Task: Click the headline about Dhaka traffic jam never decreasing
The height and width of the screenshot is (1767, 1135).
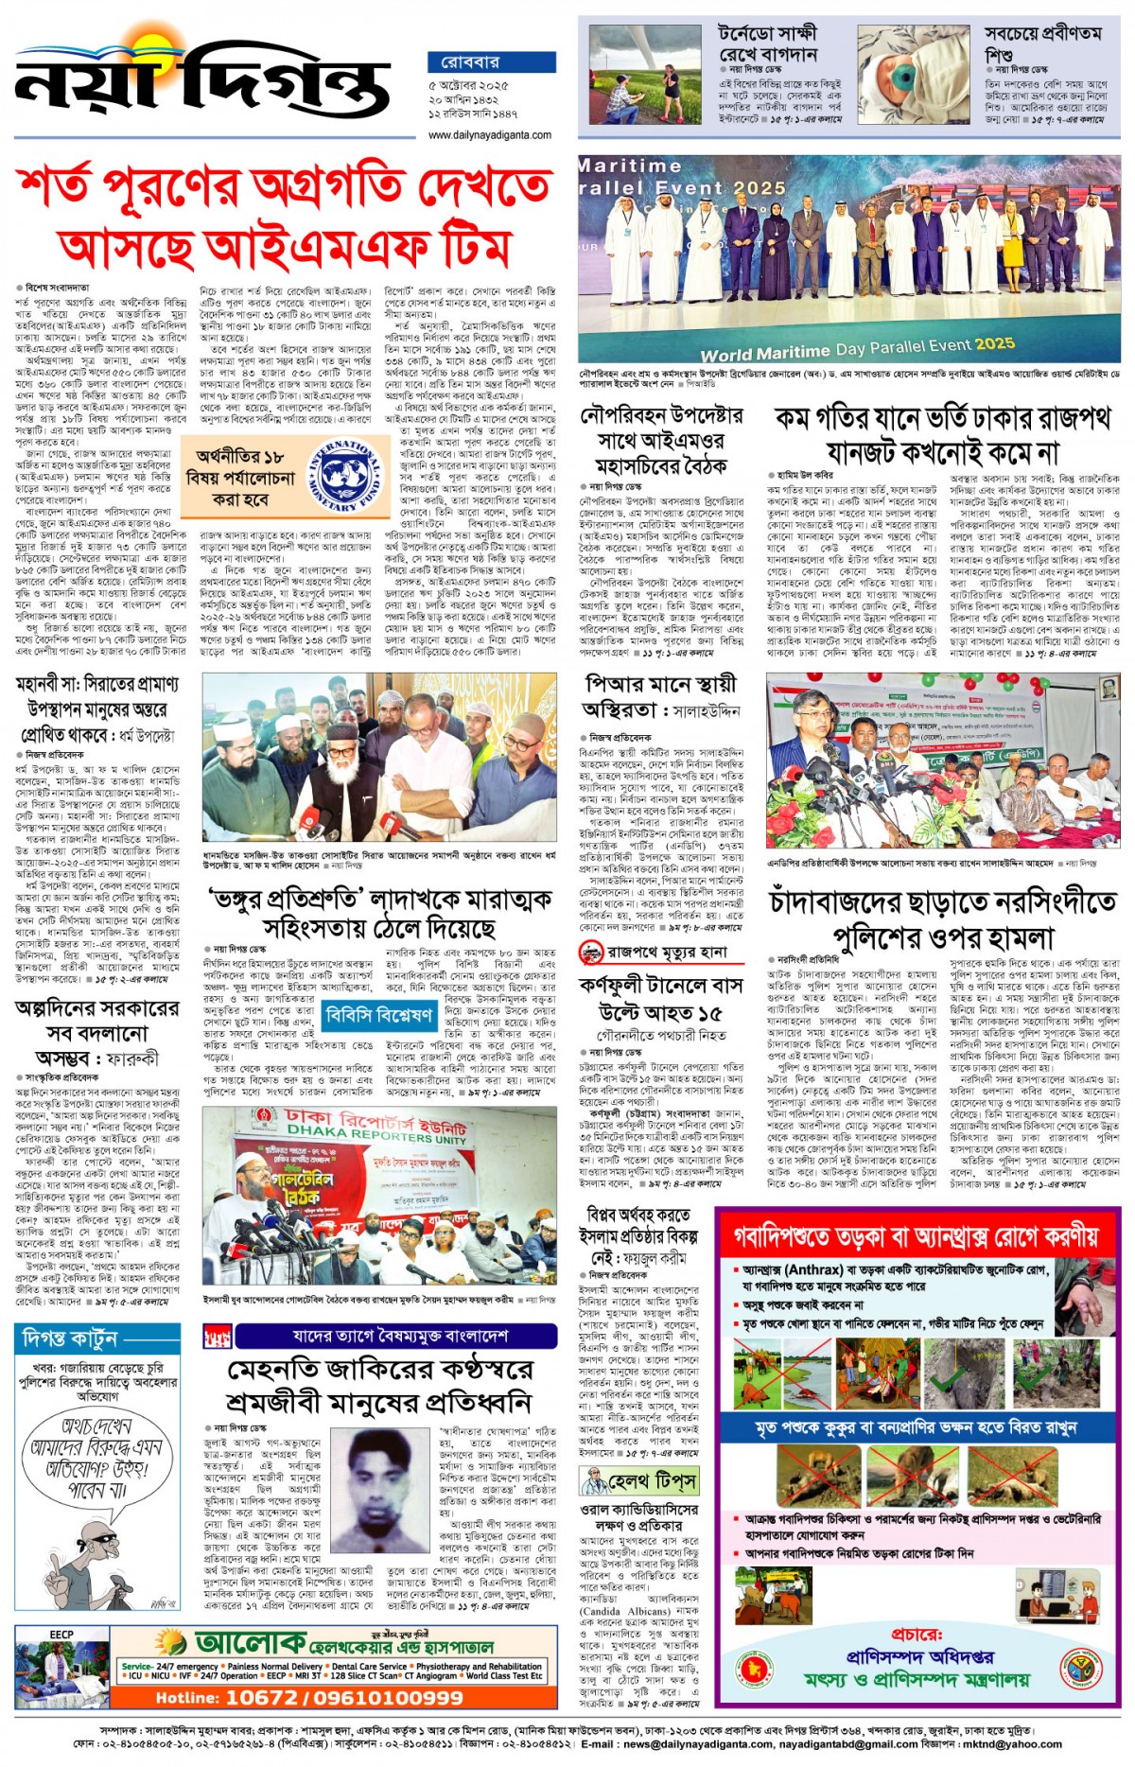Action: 941,434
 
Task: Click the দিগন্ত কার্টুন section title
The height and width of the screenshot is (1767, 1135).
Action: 71,1338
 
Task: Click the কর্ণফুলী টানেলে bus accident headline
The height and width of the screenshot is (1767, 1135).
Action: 661,998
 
